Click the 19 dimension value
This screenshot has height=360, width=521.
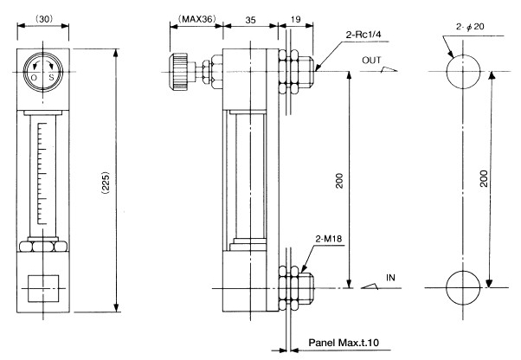point(296,18)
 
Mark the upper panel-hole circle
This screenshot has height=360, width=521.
point(468,71)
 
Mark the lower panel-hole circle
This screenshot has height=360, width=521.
point(468,287)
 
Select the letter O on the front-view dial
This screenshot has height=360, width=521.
point(33,78)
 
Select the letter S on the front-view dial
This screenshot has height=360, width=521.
point(53,78)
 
